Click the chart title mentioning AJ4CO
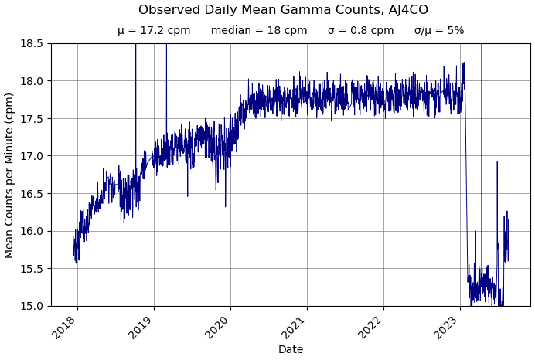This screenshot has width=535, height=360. pyautogui.click(x=283, y=10)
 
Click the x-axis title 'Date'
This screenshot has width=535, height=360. pyautogui.click(x=291, y=350)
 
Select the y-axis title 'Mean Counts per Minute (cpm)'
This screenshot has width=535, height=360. pyautogui.click(x=10, y=175)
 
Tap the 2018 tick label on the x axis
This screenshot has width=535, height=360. pyautogui.click(x=64, y=328)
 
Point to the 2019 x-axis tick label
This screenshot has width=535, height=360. pyautogui.click(x=141, y=328)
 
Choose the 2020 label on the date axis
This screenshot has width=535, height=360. pyautogui.click(x=217, y=328)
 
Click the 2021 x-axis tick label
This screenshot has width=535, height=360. pyautogui.click(x=294, y=328)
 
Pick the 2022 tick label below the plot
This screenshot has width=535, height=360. pyautogui.click(x=370, y=328)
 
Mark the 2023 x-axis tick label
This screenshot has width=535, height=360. pyautogui.click(x=447, y=328)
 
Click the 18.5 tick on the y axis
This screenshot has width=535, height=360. pyautogui.click(x=32, y=43)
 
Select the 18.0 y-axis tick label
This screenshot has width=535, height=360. pyautogui.click(x=32, y=81)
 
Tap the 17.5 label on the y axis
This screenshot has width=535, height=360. pyautogui.click(x=32, y=118)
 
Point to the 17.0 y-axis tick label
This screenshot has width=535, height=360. pyautogui.click(x=32, y=156)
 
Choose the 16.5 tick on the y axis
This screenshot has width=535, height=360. pyautogui.click(x=32, y=193)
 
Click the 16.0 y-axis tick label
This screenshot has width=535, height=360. pyautogui.click(x=32, y=231)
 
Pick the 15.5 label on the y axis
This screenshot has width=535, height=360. pyautogui.click(x=32, y=268)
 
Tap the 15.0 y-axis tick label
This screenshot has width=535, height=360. pyautogui.click(x=32, y=306)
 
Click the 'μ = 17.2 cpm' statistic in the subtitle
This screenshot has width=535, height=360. pyautogui.click(x=154, y=31)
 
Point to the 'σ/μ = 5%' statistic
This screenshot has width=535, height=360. pyautogui.click(x=439, y=31)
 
